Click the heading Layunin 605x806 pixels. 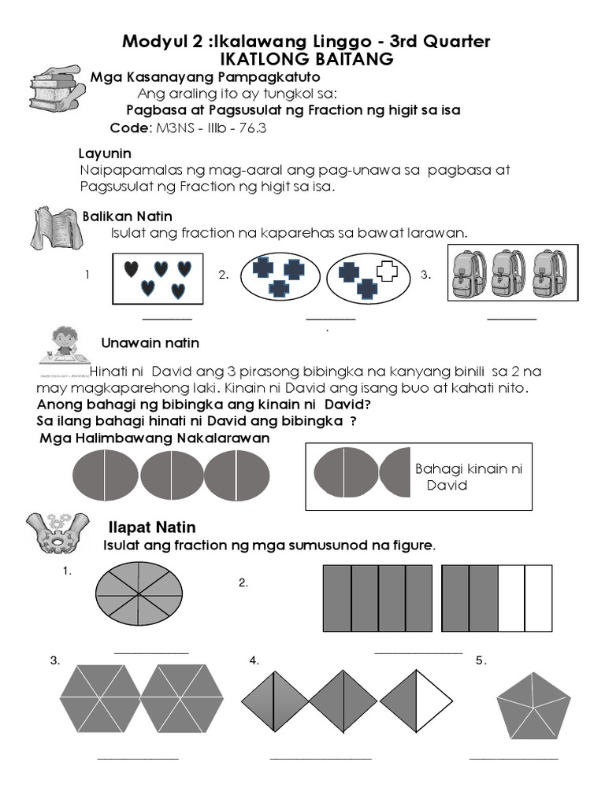pyautogui.click(x=105, y=153)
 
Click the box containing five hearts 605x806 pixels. pyautogui.click(x=158, y=277)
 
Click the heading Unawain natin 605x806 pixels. pyautogui.click(x=150, y=343)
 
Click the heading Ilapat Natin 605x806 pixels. pyautogui.click(x=151, y=527)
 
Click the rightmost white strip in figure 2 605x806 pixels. pyautogui.click(x=539, y=598)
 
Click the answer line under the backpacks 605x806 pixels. pyautogui.click(x=511, y=320)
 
